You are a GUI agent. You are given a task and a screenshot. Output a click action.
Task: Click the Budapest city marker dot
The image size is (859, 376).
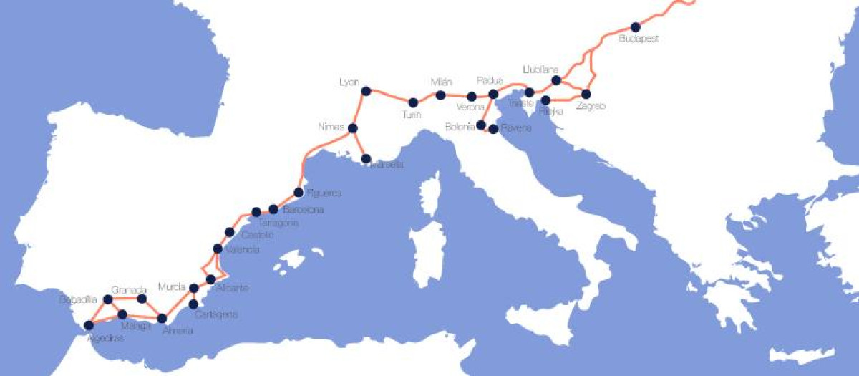pyautogui.click(x=636, y=27)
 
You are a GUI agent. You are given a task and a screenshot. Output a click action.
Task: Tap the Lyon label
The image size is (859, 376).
pyautogui.click(x=349, y=82)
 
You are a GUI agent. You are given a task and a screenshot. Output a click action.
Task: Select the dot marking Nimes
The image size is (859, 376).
pyautogui.click(x=352, y=128)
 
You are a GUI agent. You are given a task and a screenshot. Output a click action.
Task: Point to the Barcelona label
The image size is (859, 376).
pyautogui.click(x=304, y=211)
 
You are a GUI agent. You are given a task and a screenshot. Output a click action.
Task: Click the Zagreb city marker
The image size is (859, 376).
pyautogui.click(x=586, y=94)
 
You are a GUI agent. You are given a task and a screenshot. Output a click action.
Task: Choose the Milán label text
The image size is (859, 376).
pyautogui.click(x=442, y=82)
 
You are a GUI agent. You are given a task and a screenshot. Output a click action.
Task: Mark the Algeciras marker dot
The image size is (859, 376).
pyautogui.click(x=89, y=325)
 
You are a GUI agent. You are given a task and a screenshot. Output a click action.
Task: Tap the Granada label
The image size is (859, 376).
pyautogui.click(x=129, y=290)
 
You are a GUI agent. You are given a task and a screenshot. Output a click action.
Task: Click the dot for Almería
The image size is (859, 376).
pyautogui.click(x=162, y=319)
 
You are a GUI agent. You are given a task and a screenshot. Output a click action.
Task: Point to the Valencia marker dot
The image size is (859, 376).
pyautogui.click(x=218, y=249)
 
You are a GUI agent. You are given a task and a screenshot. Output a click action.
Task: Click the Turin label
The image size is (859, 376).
pyautogui.click(x=412, y=115)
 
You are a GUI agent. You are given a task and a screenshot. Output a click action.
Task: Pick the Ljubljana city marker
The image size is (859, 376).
pyautogui.click(x=556, y=80)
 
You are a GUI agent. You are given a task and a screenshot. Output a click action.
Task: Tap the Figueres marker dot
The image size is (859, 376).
pyautogui.click(x=299, y=192)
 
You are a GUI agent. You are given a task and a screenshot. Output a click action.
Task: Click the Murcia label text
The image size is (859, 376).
pyautogui.click(x=172, y=286)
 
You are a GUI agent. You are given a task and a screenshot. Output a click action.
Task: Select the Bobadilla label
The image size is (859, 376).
pyautogui.click(x=78, y=299)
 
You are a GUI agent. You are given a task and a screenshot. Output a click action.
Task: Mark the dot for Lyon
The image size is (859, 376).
pyautogui.click(x=367, y=91)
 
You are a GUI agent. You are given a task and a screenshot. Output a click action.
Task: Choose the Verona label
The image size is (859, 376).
pyautogui.click(x=471, y=108)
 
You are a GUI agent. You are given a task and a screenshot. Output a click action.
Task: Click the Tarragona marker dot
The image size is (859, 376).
pyautogui.click(x=256, y=212)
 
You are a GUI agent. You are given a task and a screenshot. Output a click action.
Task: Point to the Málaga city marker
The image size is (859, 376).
pyautogui.click(x=122, y=314)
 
